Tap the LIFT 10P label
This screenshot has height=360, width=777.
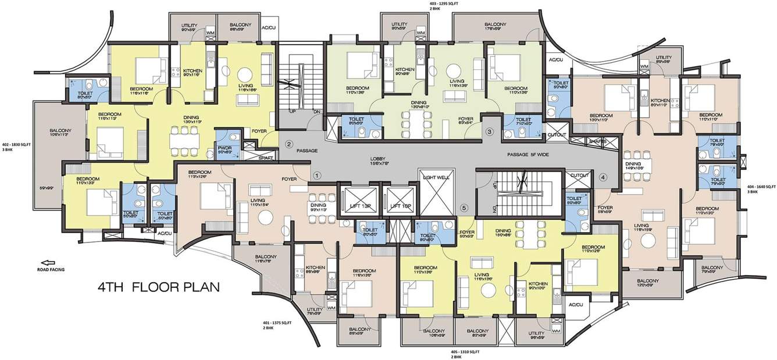(401, 206)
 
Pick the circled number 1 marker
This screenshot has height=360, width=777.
(317, 174)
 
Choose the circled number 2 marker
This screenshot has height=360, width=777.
(288, 143)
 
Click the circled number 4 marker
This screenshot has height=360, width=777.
(603, 177)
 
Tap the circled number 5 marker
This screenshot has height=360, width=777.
(464, 208)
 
